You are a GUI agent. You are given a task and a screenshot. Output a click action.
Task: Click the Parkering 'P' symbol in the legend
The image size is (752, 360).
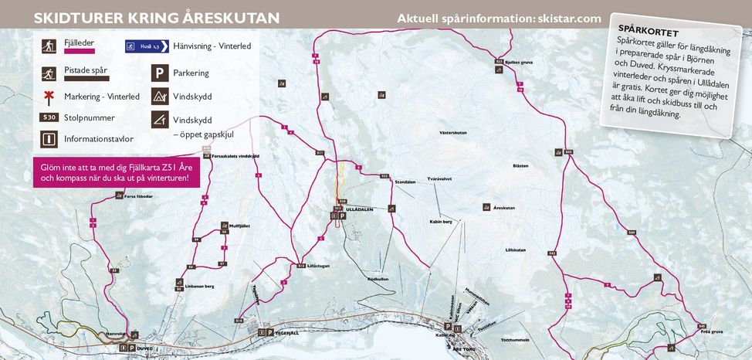159,73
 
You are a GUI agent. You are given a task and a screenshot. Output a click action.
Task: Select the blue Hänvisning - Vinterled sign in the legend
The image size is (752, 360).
146,46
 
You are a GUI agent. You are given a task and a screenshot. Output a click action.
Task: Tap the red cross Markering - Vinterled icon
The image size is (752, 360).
48,97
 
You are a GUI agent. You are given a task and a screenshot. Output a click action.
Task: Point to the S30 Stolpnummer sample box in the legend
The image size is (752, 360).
49,118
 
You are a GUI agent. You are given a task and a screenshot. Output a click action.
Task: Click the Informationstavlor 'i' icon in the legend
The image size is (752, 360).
48,139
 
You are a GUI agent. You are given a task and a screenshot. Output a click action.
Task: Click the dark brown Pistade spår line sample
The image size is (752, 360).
86,78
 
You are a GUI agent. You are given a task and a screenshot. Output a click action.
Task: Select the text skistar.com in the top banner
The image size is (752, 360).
567,18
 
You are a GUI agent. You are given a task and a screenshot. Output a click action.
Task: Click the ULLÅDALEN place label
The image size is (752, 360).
360,209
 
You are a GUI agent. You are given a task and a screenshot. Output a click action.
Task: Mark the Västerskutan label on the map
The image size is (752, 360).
453,133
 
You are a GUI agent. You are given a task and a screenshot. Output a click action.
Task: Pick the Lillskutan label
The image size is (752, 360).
515,250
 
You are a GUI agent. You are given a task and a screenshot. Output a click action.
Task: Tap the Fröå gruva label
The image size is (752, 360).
711,331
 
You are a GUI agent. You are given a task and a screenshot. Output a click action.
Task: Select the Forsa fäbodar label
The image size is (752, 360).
138,196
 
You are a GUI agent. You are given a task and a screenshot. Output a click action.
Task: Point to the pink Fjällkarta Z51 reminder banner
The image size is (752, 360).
115,173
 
